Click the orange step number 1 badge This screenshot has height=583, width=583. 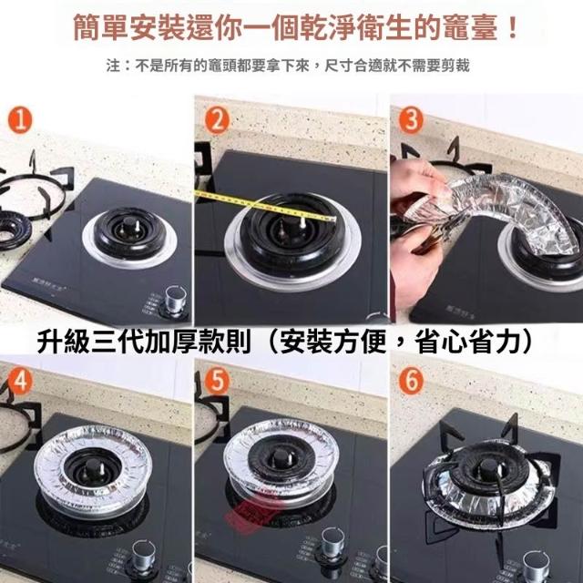click(20, 120)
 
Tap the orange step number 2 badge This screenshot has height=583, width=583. click(217, 120)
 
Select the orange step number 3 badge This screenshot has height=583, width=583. click(411, 120)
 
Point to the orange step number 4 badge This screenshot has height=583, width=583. click(20, 380)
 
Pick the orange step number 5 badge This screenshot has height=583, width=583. click(217, 380)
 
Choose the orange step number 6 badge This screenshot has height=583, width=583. click(411, 380)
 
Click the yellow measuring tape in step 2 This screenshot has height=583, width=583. click(265, 206)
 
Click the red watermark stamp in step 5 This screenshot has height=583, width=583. click(250, 512)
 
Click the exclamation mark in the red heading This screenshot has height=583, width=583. click(513, 27)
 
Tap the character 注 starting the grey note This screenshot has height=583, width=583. click(113, 66)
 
